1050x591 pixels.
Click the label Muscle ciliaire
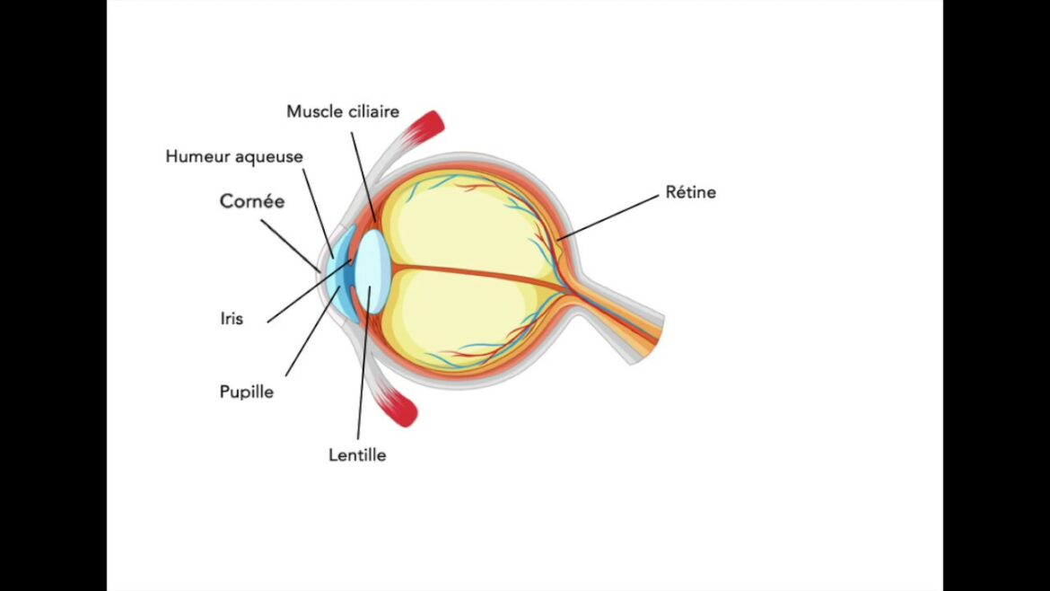point(343,111)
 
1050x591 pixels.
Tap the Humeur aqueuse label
point(234,156)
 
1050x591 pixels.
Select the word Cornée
point(252,201)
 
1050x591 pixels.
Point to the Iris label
point(231,318)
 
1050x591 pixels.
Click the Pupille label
point(247,392)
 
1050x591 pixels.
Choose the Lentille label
point(357,454)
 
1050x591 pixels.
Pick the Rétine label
point(690,192)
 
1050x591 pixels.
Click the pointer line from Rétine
point(610,216)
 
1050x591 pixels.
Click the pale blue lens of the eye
point(372,269)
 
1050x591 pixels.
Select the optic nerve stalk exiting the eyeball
point(628,323)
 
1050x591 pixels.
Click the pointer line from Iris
point(305,293)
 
